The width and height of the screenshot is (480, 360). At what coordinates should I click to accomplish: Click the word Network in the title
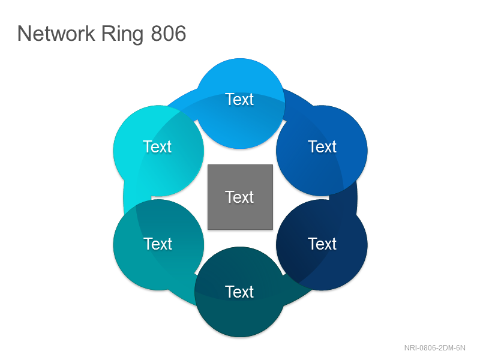pos(56,34)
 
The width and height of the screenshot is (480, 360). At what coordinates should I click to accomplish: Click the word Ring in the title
pos(122,34)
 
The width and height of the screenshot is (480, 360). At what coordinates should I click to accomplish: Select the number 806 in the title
pos(169,34)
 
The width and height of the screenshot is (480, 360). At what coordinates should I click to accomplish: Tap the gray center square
pos(241,197)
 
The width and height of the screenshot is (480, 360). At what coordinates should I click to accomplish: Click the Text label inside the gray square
pos(239,197)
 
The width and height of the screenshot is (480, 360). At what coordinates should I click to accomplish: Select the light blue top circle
pos(241,103)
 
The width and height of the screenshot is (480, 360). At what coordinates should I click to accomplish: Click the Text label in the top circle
pos(239,100)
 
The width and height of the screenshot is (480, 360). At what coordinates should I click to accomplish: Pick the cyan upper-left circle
pos(158,151)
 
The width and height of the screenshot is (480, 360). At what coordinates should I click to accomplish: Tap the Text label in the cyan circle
pos(157,146)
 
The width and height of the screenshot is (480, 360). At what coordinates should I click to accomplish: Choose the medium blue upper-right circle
pos(322,151)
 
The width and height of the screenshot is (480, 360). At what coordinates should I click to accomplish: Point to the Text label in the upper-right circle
pos(322,146)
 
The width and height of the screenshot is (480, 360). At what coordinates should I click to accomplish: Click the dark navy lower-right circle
pos(322,245)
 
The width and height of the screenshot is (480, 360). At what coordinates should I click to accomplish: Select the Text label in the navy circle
pos(322,244)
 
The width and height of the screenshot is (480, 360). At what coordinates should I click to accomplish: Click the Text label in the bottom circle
pos(239,292)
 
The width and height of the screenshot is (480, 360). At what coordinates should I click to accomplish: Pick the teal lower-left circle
pos(158,245)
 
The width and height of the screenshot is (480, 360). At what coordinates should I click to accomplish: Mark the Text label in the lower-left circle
pos(158,244)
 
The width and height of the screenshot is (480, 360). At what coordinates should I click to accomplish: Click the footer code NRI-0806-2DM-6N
pos(434,348)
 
